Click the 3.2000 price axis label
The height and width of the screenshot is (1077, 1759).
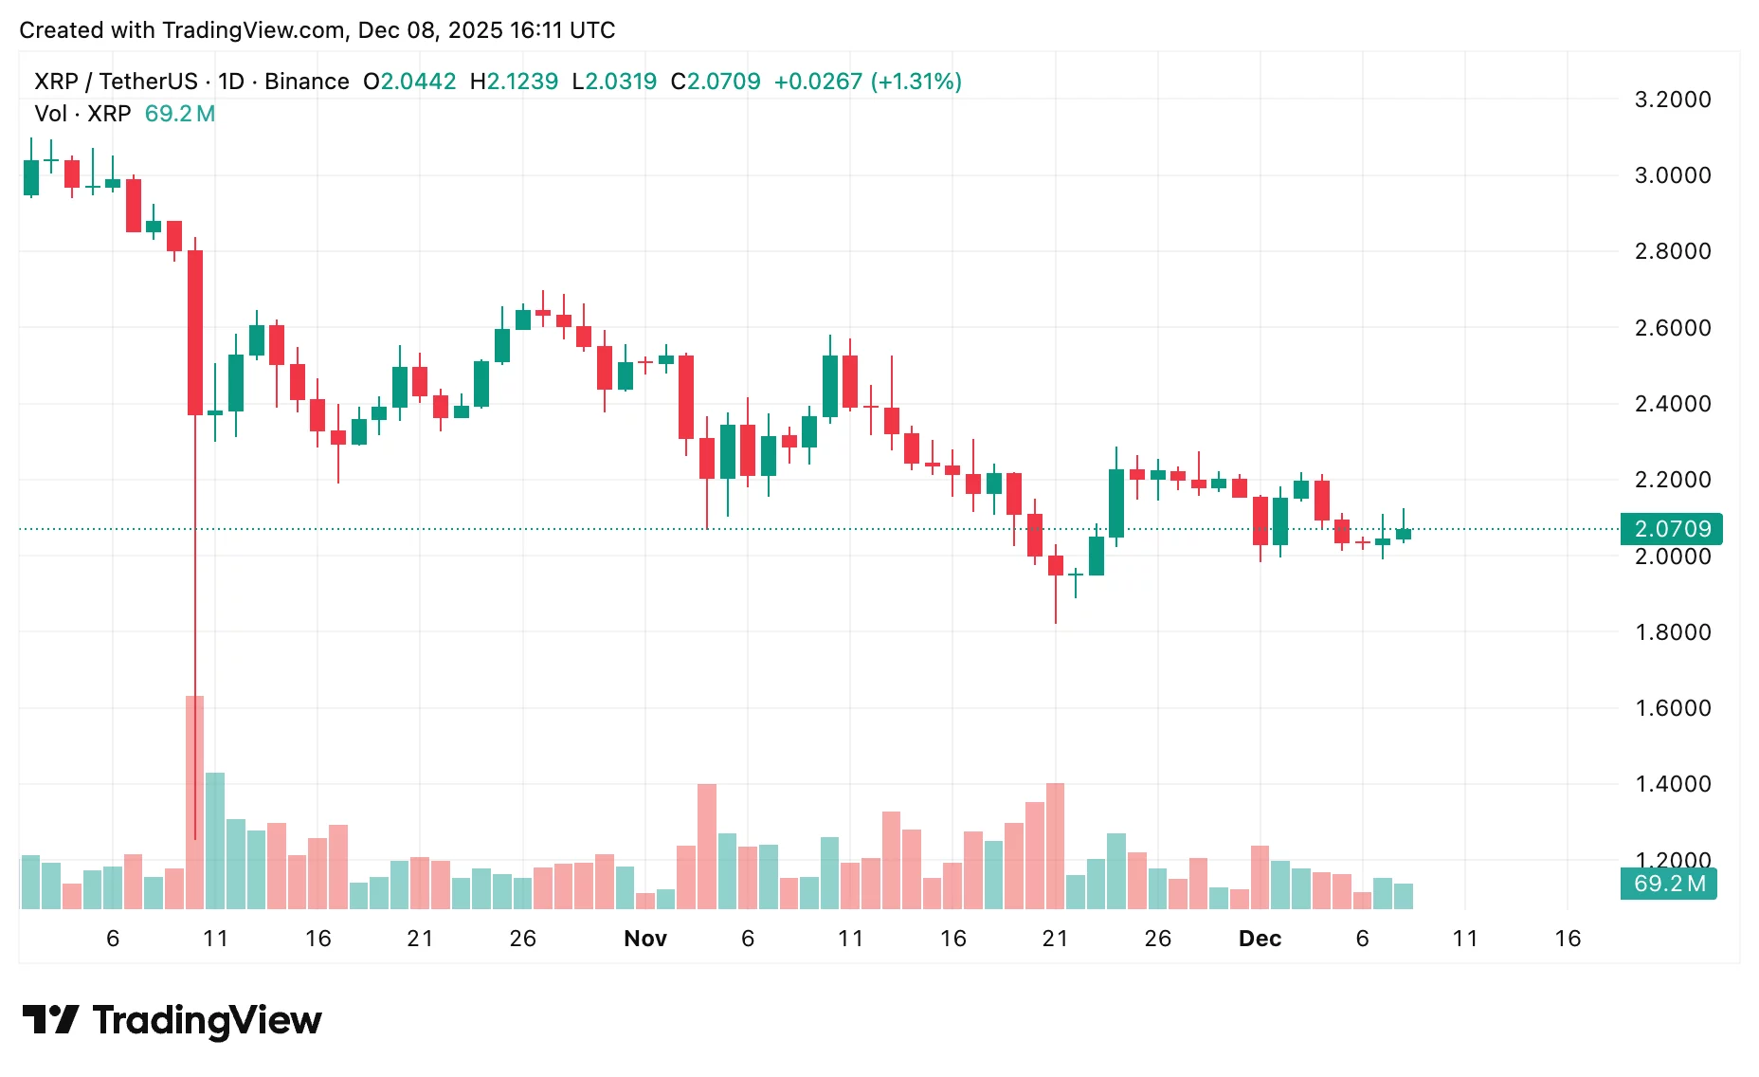pyautogui.click(x=1673, y=100)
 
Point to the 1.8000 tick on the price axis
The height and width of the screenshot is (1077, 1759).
pyautogui.click(x=1673, y=632)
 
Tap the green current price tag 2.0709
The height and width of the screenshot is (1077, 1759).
pyautogui.click(x=1672, y=529)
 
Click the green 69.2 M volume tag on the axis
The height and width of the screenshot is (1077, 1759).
pyautogui.click(x=1669, y=884)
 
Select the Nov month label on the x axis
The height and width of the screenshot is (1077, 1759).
pyautogui.click(x=645, y=939)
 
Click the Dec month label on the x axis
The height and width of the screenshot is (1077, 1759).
pyautogui.click(x=1260, y=939)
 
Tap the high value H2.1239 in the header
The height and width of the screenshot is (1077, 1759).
pyautogui.click(x=514, y=82)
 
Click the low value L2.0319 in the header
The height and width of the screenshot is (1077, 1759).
pyautogui.click(x=614, y=82)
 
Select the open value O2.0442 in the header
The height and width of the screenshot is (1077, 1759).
pyautogui.click(x=409, y=82)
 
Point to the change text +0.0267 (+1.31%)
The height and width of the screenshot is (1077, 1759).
pyautogui.click(x=867, y=82)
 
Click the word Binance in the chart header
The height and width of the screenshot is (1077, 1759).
pyautogui.click(x=306, y=82)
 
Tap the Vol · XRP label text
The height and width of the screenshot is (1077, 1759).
pyautogui.click(x=82, y=114)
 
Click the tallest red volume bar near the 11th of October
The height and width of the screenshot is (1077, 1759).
pyautogui.click(x=194, y=802)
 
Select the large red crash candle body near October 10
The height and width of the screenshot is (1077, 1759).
pyautogui.click(x=195, y=332)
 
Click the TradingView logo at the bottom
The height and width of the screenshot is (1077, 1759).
pyautogui.click(x=172, y=1020)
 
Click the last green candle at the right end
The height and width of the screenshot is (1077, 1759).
pyautogui.click(x=1403, y=534)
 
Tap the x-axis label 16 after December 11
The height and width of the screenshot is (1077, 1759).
pyautogui.click(x=1568, y=939)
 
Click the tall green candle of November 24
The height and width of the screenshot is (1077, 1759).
pyautogui.click(x=1116, y=502)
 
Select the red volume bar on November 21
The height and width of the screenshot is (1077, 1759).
pyautogui.click(x=1055, y=846)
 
